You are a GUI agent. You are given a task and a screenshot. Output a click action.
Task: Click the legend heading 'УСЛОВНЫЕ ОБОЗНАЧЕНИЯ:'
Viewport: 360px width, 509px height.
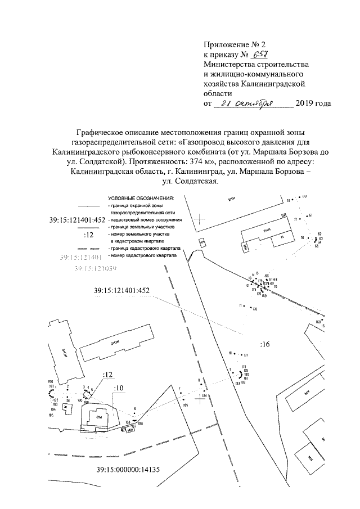tap(141, 199)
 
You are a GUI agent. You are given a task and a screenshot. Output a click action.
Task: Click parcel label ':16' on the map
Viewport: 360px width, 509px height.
tap(265, 344)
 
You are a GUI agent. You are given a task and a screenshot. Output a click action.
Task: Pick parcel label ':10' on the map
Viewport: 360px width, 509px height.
tap(118, 388)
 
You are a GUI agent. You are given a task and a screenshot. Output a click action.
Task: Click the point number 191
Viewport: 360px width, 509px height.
tap(67, 401)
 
